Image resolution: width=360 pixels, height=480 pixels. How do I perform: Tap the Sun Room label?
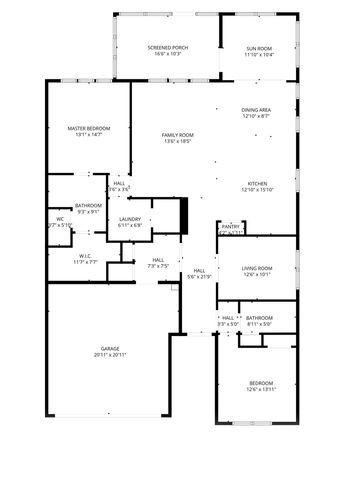(x=259, y=47)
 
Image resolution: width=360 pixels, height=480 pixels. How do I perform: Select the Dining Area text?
(x=256, y=110)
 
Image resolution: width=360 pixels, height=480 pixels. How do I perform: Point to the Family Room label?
(x=178, y=135)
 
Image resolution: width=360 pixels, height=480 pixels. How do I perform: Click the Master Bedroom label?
(x=88, y=128)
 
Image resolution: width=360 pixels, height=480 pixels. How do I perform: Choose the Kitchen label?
(x=257, y=183)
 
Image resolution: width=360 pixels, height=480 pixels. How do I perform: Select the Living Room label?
(x=257, y=268)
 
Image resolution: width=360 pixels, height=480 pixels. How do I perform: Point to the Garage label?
(x=109, y=349)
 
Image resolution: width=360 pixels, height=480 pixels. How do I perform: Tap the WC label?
(x=60, y=219)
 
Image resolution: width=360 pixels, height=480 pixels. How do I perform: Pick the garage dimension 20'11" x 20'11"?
(x=109, y=355)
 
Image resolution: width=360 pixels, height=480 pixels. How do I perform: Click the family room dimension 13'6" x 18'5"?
(x=178, y=142)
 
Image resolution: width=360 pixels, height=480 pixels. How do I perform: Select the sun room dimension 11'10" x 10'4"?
(x=259, y=54)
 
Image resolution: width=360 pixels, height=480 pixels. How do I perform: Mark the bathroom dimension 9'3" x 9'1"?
(x=88, y=211)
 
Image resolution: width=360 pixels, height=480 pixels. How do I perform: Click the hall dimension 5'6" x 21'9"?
(x=199, y=276)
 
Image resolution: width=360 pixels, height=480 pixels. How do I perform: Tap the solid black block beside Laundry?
(x=183, y=216)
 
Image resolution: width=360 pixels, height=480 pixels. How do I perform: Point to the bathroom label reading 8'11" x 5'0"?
(x=259, y=324)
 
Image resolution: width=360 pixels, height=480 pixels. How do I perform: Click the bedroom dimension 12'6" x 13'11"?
(x=259, y=390)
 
